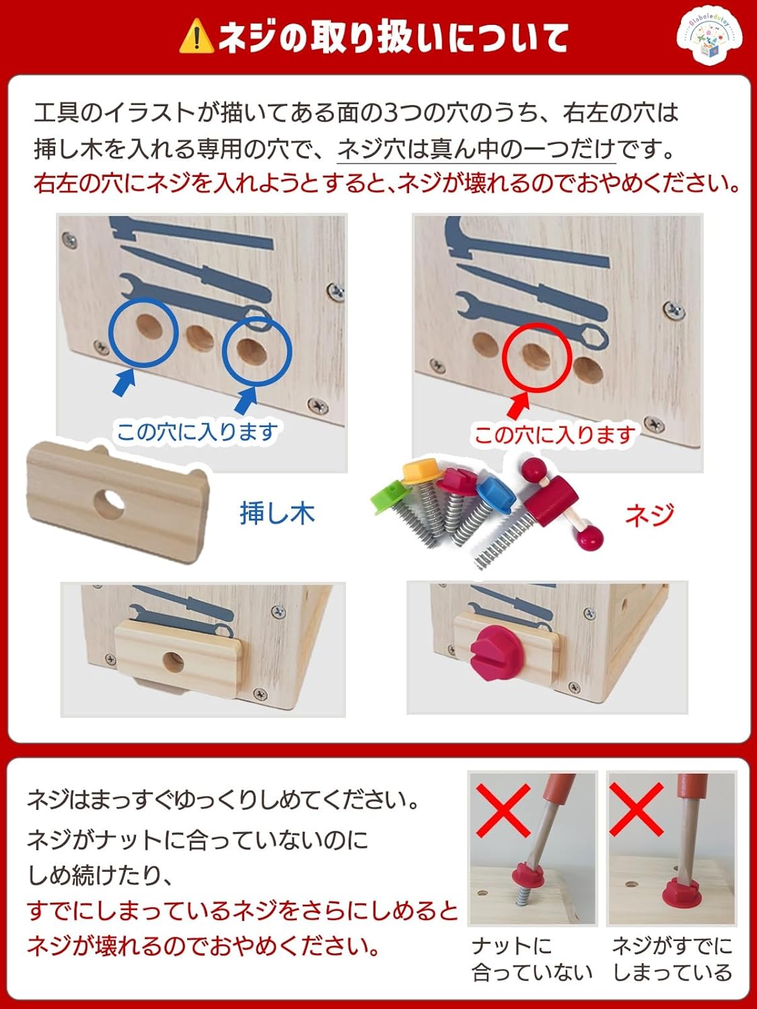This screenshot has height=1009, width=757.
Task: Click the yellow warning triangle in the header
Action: coord(196,37)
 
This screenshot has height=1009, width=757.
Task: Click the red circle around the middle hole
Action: coord(537,357)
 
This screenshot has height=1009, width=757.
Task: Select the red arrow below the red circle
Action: coord(517,406)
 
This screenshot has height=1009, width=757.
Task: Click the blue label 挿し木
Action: coord(277,513)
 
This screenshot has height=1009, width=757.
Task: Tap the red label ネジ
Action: coord(649,515)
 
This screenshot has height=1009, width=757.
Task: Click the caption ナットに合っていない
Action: coord(532,959)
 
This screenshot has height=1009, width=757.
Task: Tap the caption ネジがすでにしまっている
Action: coord(672,959)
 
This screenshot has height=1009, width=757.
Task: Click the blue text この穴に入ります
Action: coord(197,431)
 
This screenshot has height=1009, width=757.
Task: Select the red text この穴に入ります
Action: coord(554,435)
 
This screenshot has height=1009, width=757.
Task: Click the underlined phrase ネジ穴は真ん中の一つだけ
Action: coord(476,148)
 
